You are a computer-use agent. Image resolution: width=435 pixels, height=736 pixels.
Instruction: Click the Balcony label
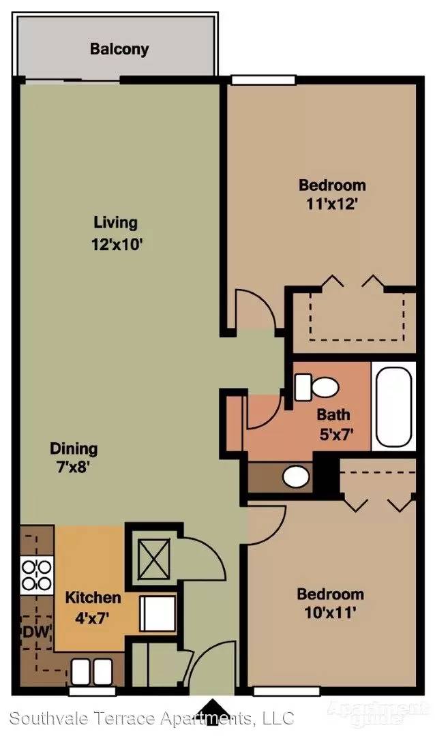119,49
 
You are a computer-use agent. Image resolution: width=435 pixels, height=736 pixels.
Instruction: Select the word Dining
74,448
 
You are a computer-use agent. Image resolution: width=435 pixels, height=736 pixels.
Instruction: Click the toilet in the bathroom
316,387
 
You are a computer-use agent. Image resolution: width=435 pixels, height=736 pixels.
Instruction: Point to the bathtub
393,406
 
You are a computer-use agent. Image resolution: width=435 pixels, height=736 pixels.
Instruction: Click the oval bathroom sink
296,477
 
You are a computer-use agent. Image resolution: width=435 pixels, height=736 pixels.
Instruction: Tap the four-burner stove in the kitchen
37,575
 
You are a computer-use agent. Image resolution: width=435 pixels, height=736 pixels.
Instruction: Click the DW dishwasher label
36,632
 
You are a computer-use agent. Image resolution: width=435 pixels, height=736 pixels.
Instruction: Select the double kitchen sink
91,672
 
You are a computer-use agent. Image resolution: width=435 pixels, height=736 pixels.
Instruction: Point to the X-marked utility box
153,559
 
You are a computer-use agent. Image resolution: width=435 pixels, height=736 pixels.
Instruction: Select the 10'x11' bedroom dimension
331,613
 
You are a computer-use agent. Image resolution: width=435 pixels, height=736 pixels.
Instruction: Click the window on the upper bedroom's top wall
264,80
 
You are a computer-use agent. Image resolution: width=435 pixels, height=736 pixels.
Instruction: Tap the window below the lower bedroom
286,691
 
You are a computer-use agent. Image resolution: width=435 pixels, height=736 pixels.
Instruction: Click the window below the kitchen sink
92,691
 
